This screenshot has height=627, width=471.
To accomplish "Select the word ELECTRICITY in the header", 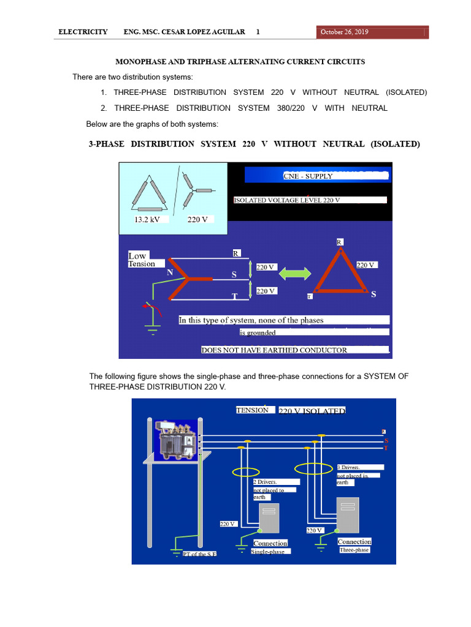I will (x=83, y=32).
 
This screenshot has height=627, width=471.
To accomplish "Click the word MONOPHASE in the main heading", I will (x=142, y=62).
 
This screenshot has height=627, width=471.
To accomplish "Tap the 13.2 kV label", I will (x=147, y=219).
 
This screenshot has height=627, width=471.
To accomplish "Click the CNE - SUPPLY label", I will (x=308, y=176).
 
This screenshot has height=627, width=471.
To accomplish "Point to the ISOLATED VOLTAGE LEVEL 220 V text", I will (x=287, y=200).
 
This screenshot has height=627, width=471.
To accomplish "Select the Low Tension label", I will (x=141, y=260).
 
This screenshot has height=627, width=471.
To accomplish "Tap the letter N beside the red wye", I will (x=169, y=272).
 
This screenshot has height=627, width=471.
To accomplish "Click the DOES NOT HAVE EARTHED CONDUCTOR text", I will (x=274, y=350).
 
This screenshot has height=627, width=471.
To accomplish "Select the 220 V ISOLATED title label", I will (x=312, y=411).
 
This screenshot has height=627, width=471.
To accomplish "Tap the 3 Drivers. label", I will (x=350, y=468).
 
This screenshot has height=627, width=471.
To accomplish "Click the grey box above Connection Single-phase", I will (x=269, y=518).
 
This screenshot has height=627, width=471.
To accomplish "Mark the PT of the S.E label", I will (x=199, y=554).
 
